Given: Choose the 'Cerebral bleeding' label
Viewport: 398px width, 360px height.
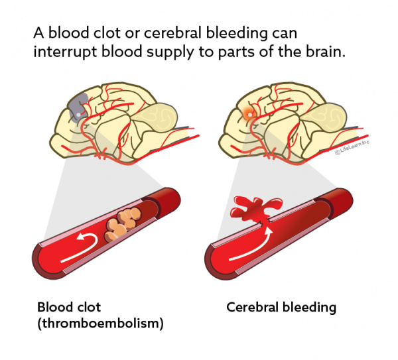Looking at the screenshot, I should pyautogui.click(x=281, y=308).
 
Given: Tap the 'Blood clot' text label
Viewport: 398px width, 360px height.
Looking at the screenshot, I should pyautogui.click(x=70, y=308).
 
